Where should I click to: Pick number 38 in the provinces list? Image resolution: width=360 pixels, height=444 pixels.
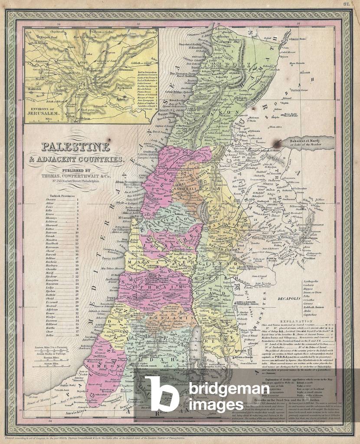[x=77, y=335]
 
